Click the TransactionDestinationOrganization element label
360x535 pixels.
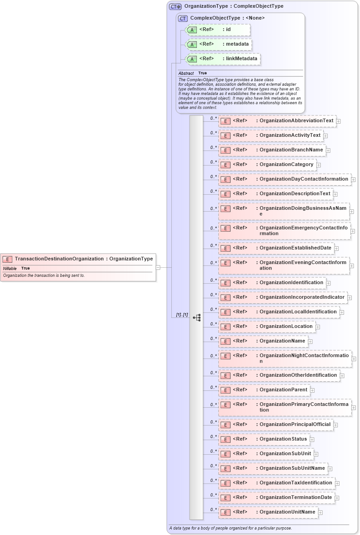click(59, 259)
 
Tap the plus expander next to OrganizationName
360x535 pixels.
click(310, 341)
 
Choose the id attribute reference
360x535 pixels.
click(228, 30)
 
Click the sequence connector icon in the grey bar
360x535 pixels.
click(197, 317)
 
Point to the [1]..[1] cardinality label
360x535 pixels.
click(182, 315)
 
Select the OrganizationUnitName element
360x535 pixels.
click(287, 512)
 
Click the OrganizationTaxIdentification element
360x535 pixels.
click(295, 483)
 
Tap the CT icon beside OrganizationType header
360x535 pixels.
click(175, 6)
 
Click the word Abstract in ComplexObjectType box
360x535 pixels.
click(186, 73)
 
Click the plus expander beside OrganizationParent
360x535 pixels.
click(312, 390)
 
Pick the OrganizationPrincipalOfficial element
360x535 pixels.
click(295, 425)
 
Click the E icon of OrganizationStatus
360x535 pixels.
click(225, 440)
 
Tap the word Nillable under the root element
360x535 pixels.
click(10, 269)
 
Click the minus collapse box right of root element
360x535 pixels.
click(158, 268)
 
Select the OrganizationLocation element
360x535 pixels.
click(286, 327)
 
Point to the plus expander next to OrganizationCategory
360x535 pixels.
click(319, 165)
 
